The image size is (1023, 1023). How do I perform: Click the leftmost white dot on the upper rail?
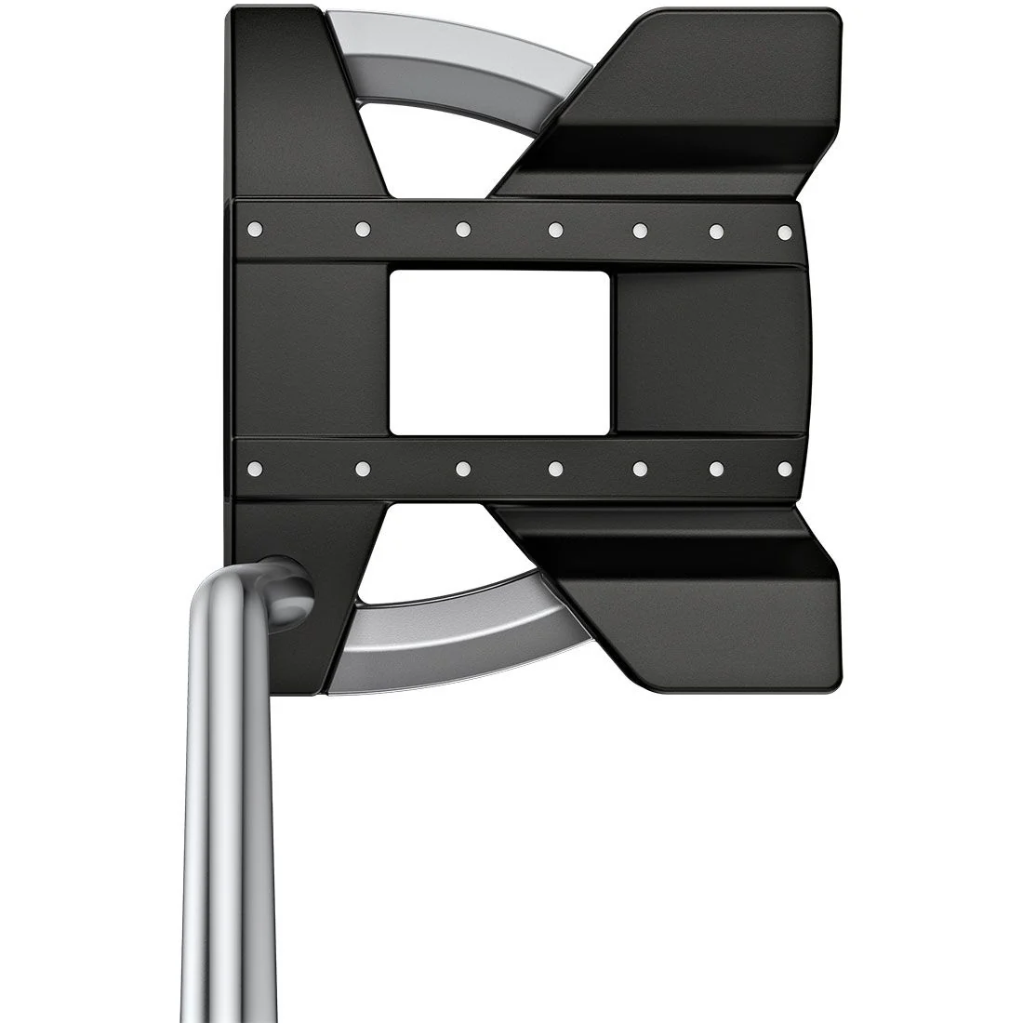click(258, 228)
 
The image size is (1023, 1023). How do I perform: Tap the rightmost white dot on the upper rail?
click(784, 231)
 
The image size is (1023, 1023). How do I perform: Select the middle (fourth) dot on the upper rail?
click(555, 229)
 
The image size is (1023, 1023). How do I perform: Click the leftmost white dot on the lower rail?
click(258, 468)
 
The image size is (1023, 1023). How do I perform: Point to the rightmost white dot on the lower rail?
click(784, 468)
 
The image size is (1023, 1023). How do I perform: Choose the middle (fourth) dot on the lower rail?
click(555, 468)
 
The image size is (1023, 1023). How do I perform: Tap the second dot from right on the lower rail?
click(717, 468)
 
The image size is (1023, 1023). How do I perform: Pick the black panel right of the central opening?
click(709, 352)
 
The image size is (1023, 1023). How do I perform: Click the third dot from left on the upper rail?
click(462, 229)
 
